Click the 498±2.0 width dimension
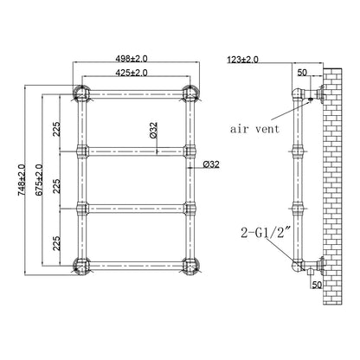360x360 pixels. pos(132,59)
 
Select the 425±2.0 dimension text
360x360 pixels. pos(132,73)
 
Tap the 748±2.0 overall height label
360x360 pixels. pos(22,180)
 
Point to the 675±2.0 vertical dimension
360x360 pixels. pos(39,180)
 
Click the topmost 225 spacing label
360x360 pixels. pos(57,129)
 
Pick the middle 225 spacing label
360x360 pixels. pos(57,186)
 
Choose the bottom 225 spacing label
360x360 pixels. pos(57,243)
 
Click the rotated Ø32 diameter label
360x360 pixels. pos(153,130)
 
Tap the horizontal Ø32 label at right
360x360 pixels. pos(211,164)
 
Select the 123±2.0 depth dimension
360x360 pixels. pos(243,60)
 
